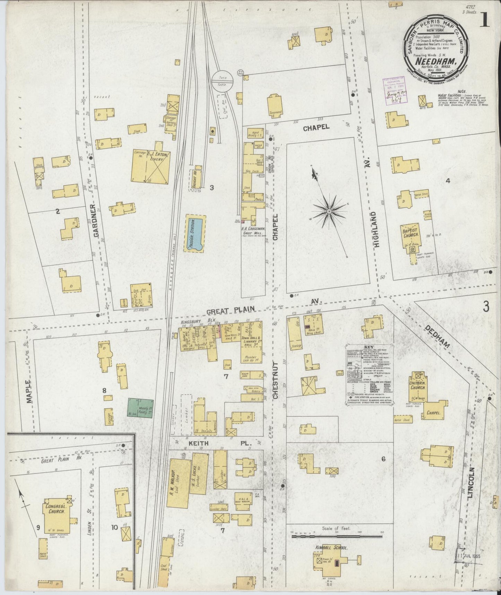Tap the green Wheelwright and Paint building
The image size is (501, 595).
coord(140,408)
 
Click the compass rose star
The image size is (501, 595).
coord(328,211)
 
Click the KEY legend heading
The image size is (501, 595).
coord(368,347)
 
